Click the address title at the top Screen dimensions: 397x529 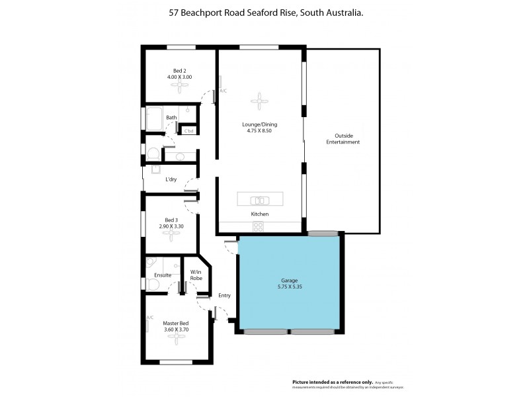pos(264,13)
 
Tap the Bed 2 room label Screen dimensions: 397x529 pos(179,71)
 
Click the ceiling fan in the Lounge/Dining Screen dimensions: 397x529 pos(259,101)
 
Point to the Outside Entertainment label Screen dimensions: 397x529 pos(343,139)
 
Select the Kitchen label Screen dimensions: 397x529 pos(259,215)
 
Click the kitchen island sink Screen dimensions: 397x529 pos(260,199)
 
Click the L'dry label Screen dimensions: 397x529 pos(171,179)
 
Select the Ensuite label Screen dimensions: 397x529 pos(163,275)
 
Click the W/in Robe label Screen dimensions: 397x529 pos(196,275)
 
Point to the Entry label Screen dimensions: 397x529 pos(224,295)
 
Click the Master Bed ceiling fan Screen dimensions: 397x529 pos(176,337)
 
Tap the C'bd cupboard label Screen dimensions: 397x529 pos(188,130)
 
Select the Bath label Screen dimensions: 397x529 pos(171,118)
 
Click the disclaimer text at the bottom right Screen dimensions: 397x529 pos(348,384)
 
